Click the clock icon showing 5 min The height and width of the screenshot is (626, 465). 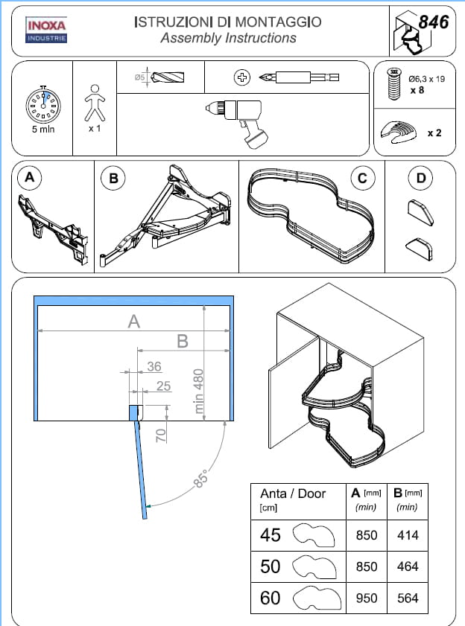(42, 106)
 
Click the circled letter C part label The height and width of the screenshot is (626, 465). (361, 178)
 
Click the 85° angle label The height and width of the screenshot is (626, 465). (200, 479)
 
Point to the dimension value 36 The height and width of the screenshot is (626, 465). (154, 366)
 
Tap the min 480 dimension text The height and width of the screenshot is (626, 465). (199, 392)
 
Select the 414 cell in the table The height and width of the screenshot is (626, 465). (407, 534)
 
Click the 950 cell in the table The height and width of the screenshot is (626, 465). (367, 597)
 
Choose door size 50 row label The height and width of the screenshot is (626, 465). (271, 566)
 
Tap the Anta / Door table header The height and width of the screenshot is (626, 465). (293, 494)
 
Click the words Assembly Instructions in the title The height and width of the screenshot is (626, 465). (228, 38)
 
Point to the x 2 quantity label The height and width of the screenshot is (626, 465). (434, 133)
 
